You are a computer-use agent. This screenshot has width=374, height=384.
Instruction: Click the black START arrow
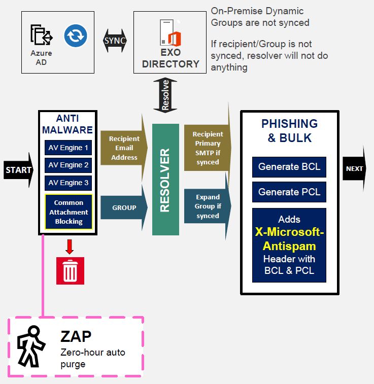(18, 170)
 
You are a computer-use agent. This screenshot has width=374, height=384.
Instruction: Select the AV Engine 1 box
(68, 148)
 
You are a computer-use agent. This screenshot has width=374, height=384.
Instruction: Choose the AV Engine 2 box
(68, 165)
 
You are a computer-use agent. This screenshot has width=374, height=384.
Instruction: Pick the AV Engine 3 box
(68, 183)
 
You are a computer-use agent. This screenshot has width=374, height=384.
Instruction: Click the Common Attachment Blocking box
(69, 212)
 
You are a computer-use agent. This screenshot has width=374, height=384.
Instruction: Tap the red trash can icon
(70, 271)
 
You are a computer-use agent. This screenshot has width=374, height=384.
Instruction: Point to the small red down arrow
(70, 246)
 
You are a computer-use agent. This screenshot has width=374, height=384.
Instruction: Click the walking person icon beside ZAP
(31, 346)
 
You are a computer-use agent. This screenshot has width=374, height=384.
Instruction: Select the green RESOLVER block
(165, 180)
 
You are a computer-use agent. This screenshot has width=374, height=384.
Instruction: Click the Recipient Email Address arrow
(124, 148)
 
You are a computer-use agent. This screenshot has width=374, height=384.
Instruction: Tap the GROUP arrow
(124, 207)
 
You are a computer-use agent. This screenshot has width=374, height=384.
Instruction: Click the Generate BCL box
(289, 167)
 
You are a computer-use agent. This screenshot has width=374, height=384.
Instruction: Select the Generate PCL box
(289, 192)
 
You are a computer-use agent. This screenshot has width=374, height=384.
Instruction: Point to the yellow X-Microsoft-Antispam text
(289, 239)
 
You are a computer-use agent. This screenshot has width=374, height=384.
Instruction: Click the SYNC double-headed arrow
(115, 40)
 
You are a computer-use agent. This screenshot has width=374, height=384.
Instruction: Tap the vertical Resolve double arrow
(165, 95)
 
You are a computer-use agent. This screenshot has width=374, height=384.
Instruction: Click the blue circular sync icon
(76, 36)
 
